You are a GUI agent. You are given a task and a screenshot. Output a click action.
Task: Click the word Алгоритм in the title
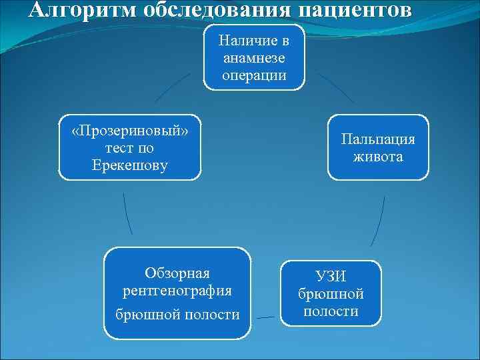coord(74,10)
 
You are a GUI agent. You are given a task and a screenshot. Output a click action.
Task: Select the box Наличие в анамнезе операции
coord(254,57)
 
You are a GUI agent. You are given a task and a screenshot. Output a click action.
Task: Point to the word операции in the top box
coord(254,75)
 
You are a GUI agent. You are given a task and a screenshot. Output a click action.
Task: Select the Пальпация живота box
coord(377,147)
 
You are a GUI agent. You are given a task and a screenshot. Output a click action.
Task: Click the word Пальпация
coord(378,139)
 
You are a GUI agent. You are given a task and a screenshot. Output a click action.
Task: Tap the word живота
coord(378,157)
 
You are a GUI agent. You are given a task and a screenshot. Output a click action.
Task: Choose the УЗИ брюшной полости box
coord(331,293)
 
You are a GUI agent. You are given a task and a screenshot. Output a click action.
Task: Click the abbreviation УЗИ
coord(331,275)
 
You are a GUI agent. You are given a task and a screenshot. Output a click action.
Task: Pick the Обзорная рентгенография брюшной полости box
coord(177,293)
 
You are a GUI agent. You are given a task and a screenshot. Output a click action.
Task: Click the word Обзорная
coord(177,273)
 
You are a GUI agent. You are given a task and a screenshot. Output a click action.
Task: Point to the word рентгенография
coord(177,291)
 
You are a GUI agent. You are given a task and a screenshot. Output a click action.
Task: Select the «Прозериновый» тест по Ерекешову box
coord(130,147)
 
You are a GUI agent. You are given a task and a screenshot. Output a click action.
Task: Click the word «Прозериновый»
coord(130,130)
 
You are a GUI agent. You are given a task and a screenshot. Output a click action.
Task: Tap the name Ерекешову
coord(130,165)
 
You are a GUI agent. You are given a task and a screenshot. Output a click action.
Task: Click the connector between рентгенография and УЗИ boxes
coord(266,317)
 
